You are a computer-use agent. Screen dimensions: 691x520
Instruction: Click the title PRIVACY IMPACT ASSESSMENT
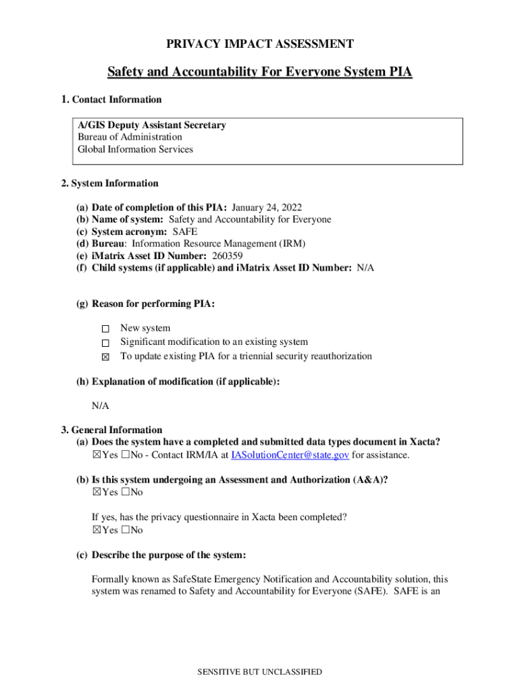click(x=260, y=45)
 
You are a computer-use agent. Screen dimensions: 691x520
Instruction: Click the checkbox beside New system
click(x=105, y=329)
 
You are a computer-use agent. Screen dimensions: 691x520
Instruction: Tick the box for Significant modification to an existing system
click(x=105, y=343)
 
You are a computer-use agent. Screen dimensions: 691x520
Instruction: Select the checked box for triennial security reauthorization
click(x=105, y=357)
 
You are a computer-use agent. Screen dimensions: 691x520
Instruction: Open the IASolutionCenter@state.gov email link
click(x=290, y=455)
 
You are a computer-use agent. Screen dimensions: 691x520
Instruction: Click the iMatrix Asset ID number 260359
click(x=228, y=256)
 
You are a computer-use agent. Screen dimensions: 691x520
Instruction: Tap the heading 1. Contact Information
click(x=111, y=100)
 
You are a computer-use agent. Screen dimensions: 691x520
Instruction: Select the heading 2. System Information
click(x=109, y=184)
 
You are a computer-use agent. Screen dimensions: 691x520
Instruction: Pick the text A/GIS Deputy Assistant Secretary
click(x=151, y=126)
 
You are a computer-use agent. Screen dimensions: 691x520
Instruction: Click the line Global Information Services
click(x=135, y=150)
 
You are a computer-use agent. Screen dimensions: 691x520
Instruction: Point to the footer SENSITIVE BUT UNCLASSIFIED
click(x=259, y=672)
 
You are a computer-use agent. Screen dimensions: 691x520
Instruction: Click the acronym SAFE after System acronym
click(x=180, y=231)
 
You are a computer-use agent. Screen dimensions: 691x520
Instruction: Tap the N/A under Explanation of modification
click(x=100, y=406)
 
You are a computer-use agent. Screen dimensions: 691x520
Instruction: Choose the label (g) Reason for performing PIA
click(x=145, y=304)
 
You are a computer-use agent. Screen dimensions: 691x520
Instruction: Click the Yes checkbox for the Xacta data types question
click(x=96, y=455)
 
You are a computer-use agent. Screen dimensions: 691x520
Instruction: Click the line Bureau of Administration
click(x=130, y=138)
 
